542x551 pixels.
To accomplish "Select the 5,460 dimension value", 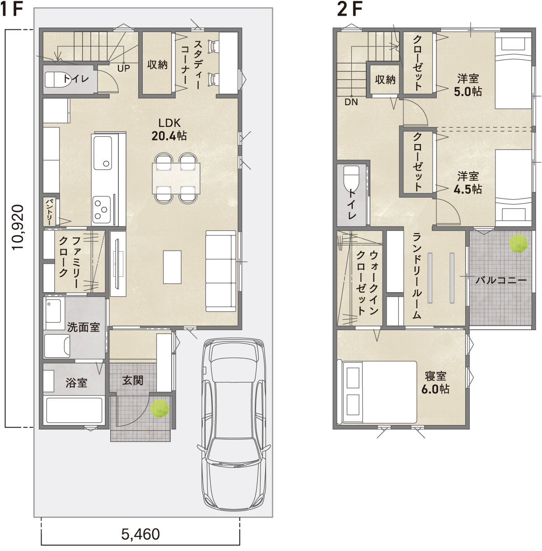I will [140, 535].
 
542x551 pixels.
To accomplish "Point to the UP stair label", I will [123, 68].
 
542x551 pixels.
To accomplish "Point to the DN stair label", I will [350, 102].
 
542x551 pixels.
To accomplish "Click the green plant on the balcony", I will [519, 244].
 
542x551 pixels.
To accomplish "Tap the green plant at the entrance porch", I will [160, 409].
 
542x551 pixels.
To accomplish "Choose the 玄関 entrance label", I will [133, 380].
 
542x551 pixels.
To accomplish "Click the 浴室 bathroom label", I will [76, 383].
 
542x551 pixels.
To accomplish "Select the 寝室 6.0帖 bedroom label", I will [435, 382].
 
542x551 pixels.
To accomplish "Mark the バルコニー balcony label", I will [500, 280].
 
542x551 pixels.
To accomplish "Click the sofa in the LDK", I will [221, 271].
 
